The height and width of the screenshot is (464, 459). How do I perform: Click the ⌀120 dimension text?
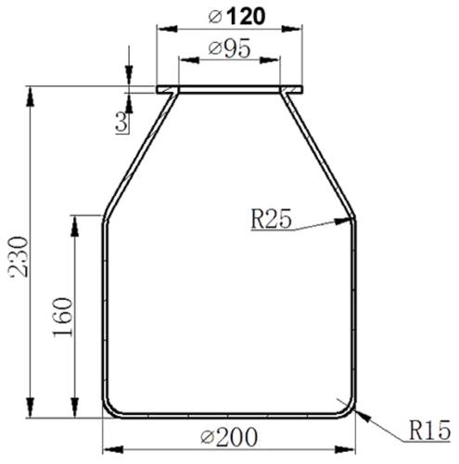point(229,18)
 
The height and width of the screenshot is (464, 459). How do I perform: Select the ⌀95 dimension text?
point(229,49)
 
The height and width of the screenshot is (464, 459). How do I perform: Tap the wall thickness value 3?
point(121,119)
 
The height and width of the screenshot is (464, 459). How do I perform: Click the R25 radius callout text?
point(272,220)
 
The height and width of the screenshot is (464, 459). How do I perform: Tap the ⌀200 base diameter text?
point(226,434)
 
